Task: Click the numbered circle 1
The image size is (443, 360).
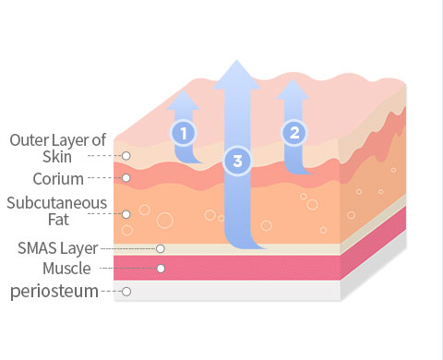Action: click(184, 133)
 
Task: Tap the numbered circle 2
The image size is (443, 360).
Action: click(294, 133)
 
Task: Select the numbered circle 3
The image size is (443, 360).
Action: click(238, 162)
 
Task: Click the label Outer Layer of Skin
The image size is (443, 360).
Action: click(57, 148)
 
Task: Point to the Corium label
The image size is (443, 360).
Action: click(58, 178)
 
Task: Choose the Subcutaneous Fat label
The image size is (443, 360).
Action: click(57, 211)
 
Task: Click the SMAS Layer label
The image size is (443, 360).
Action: click(57, 248)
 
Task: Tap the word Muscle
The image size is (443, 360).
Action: click(66, 269)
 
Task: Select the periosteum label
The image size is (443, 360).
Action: click(54, 292)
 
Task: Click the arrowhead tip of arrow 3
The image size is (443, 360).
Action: click(238, 62)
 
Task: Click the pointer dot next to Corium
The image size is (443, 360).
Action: click(126, 178)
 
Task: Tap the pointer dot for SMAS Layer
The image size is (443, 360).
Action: click(161, 248)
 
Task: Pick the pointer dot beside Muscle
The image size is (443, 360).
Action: click(161, 269)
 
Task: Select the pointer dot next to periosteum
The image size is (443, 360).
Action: click(126, 292)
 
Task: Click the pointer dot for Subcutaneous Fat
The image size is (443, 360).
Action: click(126, 214)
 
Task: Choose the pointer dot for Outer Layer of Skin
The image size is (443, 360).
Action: click(126, 156)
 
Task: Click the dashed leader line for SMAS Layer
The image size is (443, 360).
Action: click(128, 248)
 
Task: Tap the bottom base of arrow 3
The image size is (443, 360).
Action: click(238, 247)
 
